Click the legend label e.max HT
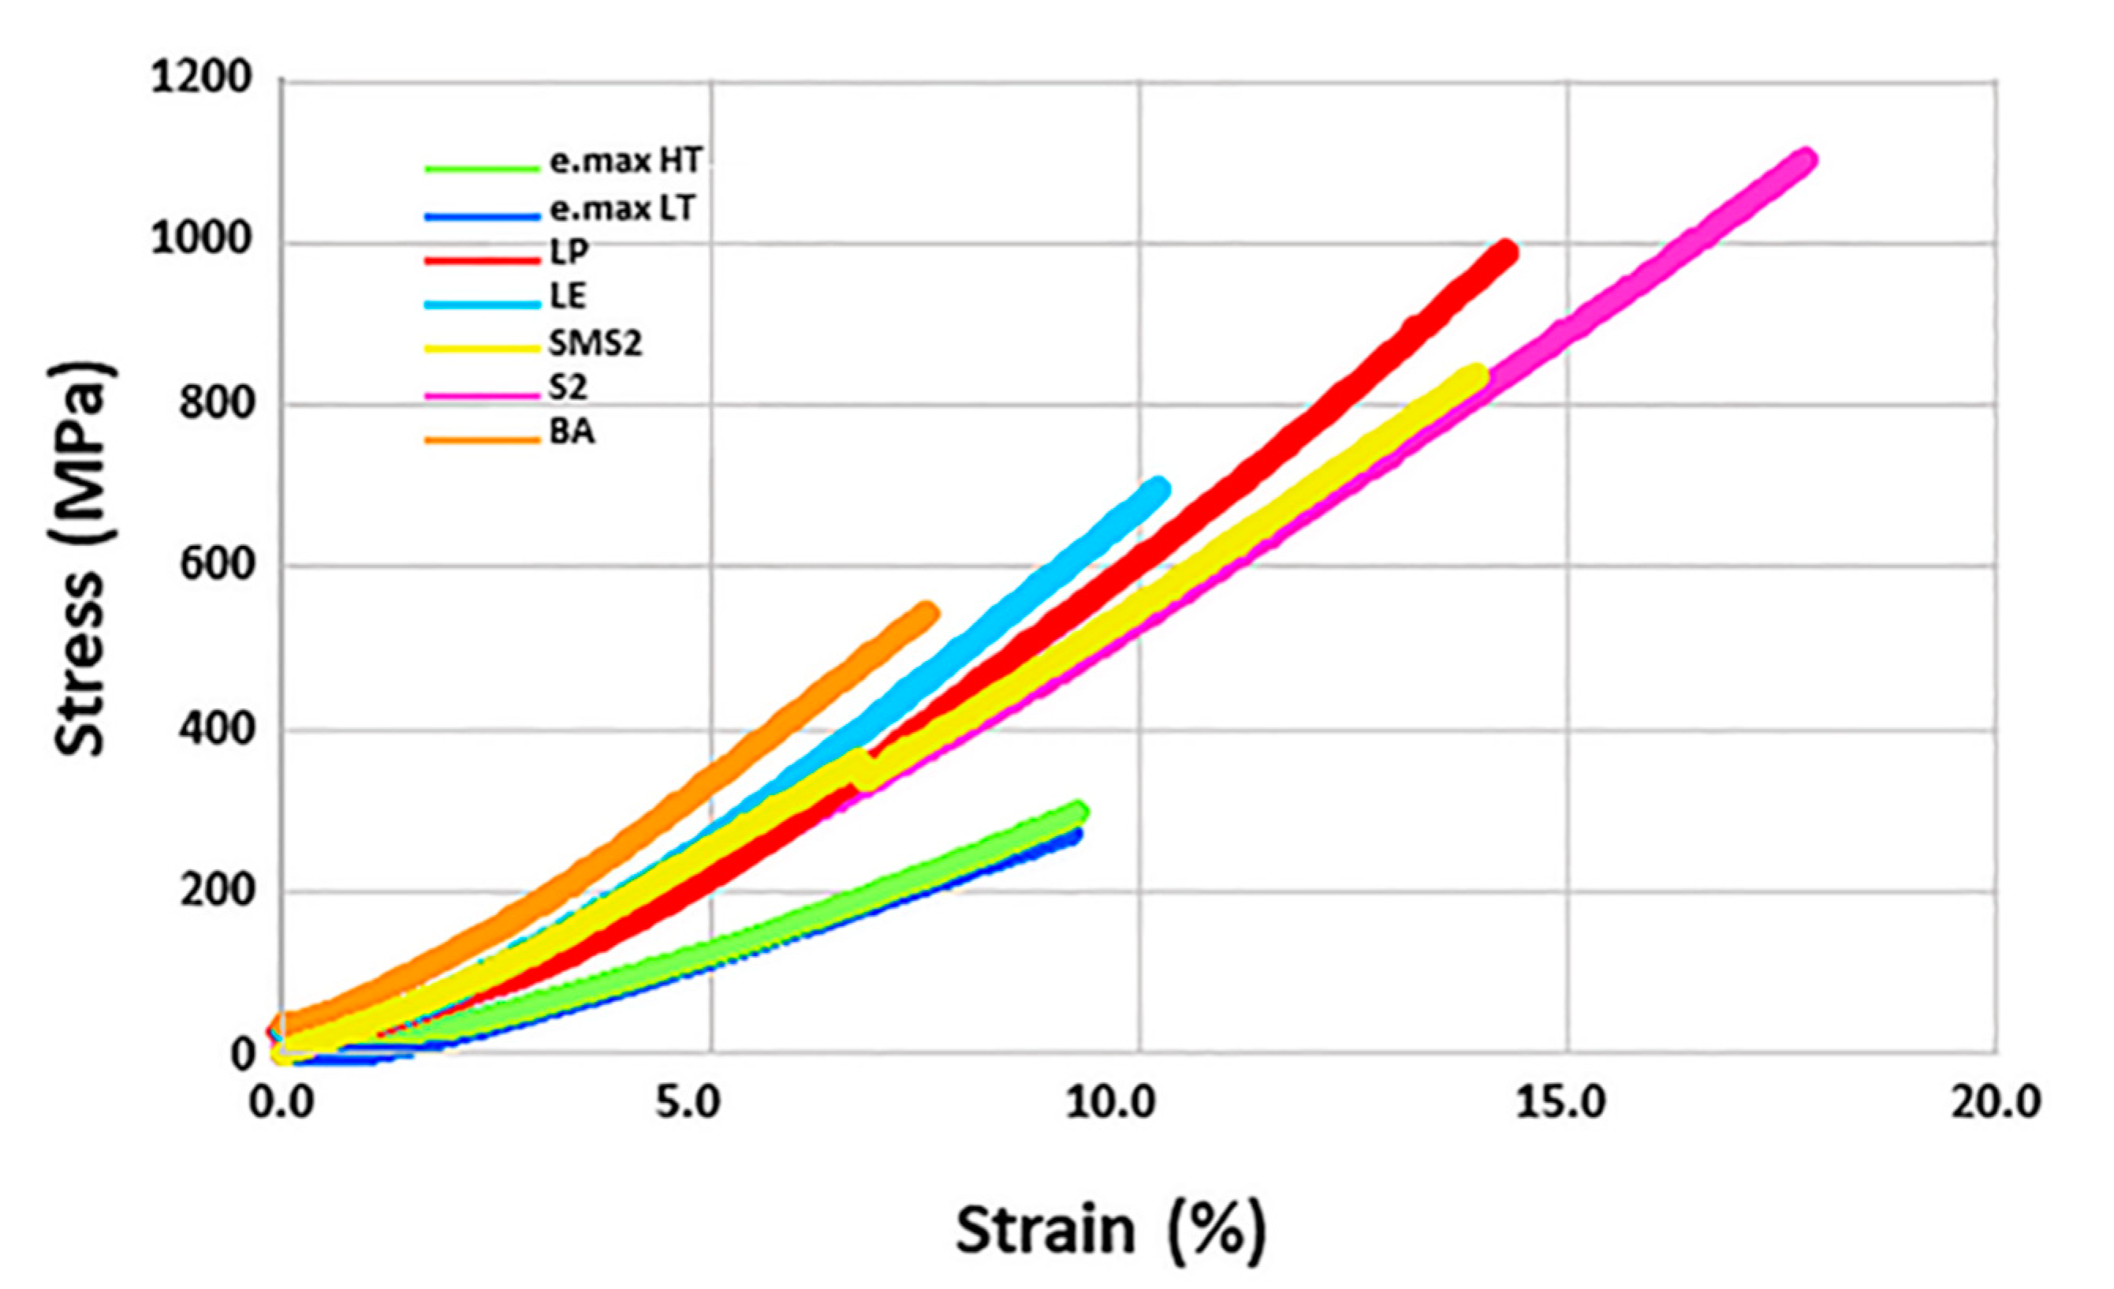625,160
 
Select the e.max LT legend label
621,208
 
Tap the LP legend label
569,252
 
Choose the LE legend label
567,296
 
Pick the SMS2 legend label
595,343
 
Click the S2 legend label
568,388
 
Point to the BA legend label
572,432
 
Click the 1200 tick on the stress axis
203,79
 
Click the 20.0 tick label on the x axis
1996,1102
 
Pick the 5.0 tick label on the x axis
689,1102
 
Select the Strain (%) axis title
1110,1230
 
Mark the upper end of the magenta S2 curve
1805,160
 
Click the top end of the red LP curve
1506,252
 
